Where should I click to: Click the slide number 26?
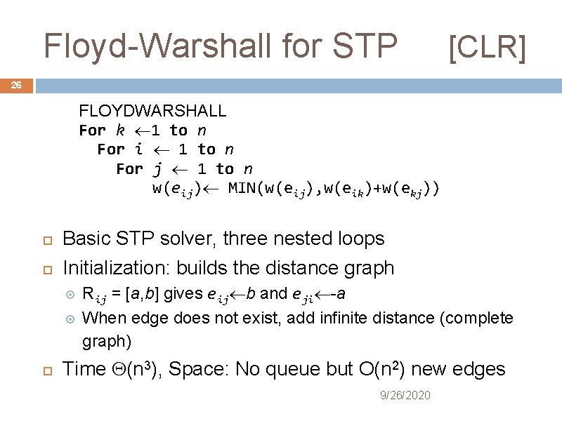pyautogui.click(x=16, y=86)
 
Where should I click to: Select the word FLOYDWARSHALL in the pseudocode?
pyautogui.click(x=152, y=111)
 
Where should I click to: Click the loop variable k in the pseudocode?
pyautogui.click(x=120, y=131)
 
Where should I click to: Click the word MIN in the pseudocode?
pyautogui.click(x=243, y=189)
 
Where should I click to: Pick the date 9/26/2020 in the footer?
pyautogui.click(x=405, y=396)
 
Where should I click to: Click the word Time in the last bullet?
pyautogui.click(x=84, y=369)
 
